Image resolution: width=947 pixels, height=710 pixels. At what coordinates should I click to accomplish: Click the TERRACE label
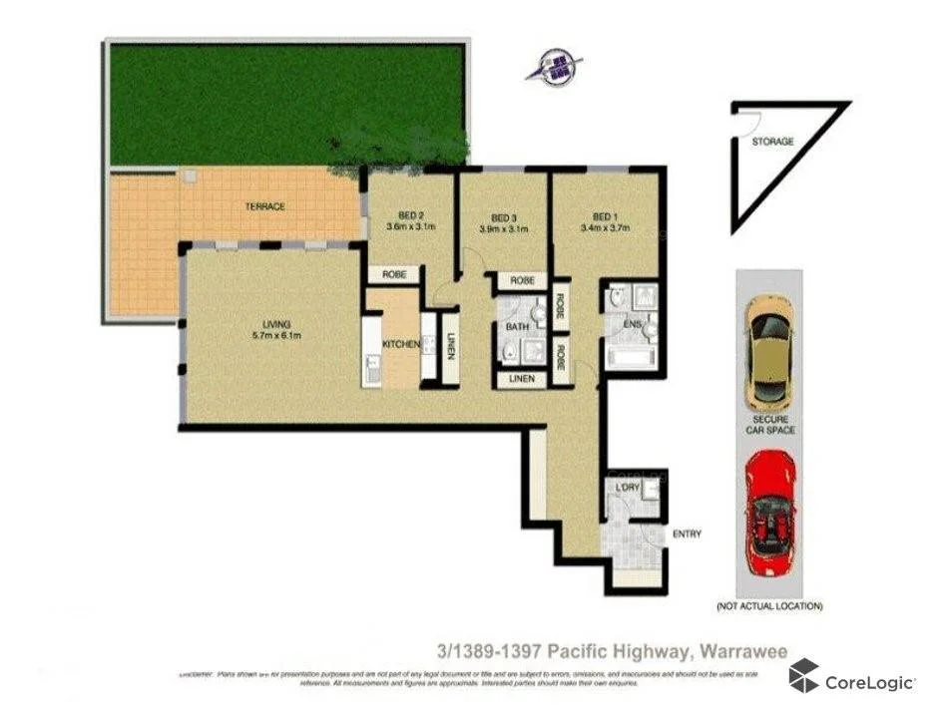point(265,206)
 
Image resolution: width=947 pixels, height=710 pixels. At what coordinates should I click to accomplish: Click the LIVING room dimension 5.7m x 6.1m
point(275,336)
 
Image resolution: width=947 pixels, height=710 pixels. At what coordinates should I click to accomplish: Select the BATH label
point(518,326)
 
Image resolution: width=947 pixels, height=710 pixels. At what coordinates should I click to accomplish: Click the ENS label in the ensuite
point(632,325)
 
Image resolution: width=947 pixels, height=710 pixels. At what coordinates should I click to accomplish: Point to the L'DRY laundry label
point(628,486)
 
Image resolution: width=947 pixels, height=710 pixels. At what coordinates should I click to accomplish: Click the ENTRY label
point(687,534)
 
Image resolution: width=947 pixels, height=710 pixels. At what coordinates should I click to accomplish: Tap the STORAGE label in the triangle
point(772,142)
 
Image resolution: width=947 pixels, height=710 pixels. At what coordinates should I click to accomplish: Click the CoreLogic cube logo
point(804,677)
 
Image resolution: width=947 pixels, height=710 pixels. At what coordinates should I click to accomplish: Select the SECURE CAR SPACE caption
point(769,425)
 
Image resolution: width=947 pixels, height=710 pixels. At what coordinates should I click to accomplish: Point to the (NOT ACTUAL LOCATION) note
point(769,606)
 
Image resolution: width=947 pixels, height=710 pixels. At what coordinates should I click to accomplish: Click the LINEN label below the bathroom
point(521,379)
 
